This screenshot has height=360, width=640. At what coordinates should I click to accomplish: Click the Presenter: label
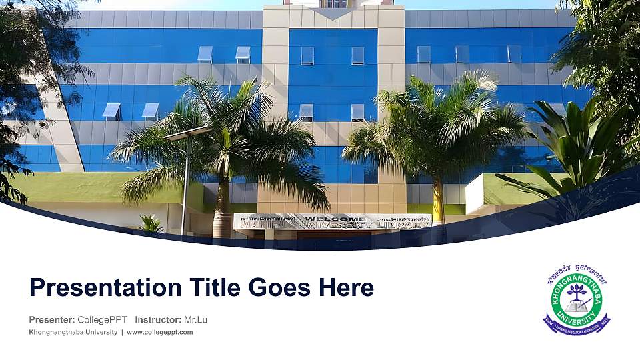click(52, 320)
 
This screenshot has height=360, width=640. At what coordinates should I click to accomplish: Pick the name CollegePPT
click(103, 320)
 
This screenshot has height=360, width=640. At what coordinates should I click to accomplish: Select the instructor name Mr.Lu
click(195, 320)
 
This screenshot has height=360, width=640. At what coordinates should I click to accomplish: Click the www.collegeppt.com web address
click(160, 332)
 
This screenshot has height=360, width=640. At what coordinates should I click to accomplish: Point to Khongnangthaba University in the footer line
click(73, 332)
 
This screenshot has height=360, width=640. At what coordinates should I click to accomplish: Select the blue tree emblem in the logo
click(577, 293)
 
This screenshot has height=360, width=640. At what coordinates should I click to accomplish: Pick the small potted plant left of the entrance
click(151, 225)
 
